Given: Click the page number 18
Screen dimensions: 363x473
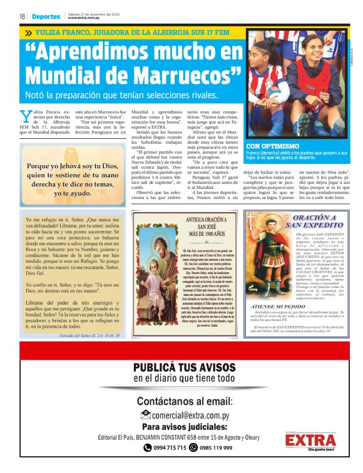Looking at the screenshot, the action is click(x=22, y=16).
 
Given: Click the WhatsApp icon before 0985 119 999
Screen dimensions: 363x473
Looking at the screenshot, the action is click(x=194, y=448).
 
